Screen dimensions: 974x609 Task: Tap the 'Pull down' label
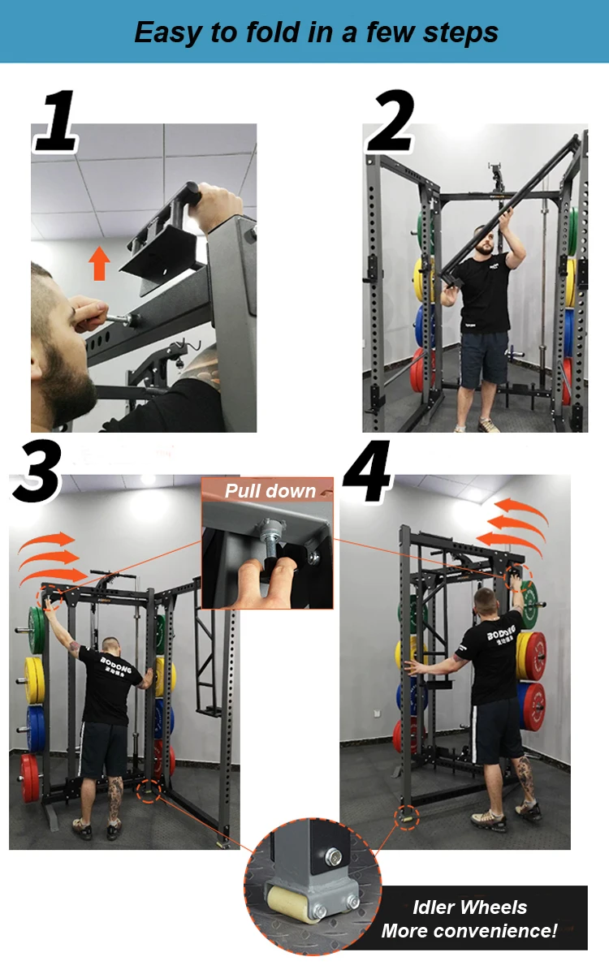click(270, 491)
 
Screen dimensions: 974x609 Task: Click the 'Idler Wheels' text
click(469, 907)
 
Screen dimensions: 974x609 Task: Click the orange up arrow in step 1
click(99, 265)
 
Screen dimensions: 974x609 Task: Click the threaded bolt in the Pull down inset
click(270, 531)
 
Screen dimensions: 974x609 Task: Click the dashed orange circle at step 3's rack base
click(149, 789)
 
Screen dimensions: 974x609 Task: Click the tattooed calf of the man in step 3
click(115, 792)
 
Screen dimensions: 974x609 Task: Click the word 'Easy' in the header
click(166, 32)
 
